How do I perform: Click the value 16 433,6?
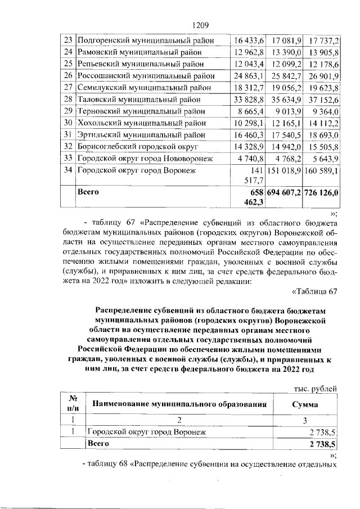click(x=249, y=40)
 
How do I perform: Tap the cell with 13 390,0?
click(x=287, y=52)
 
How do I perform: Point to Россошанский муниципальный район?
click(x=145, y=76)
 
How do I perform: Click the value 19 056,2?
click(x=287, y=88)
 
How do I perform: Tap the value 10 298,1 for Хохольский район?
click(x=249, y=123)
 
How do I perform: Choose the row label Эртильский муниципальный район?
click(x=143, y=134)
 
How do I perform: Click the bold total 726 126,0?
click(x=322, y=192)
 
